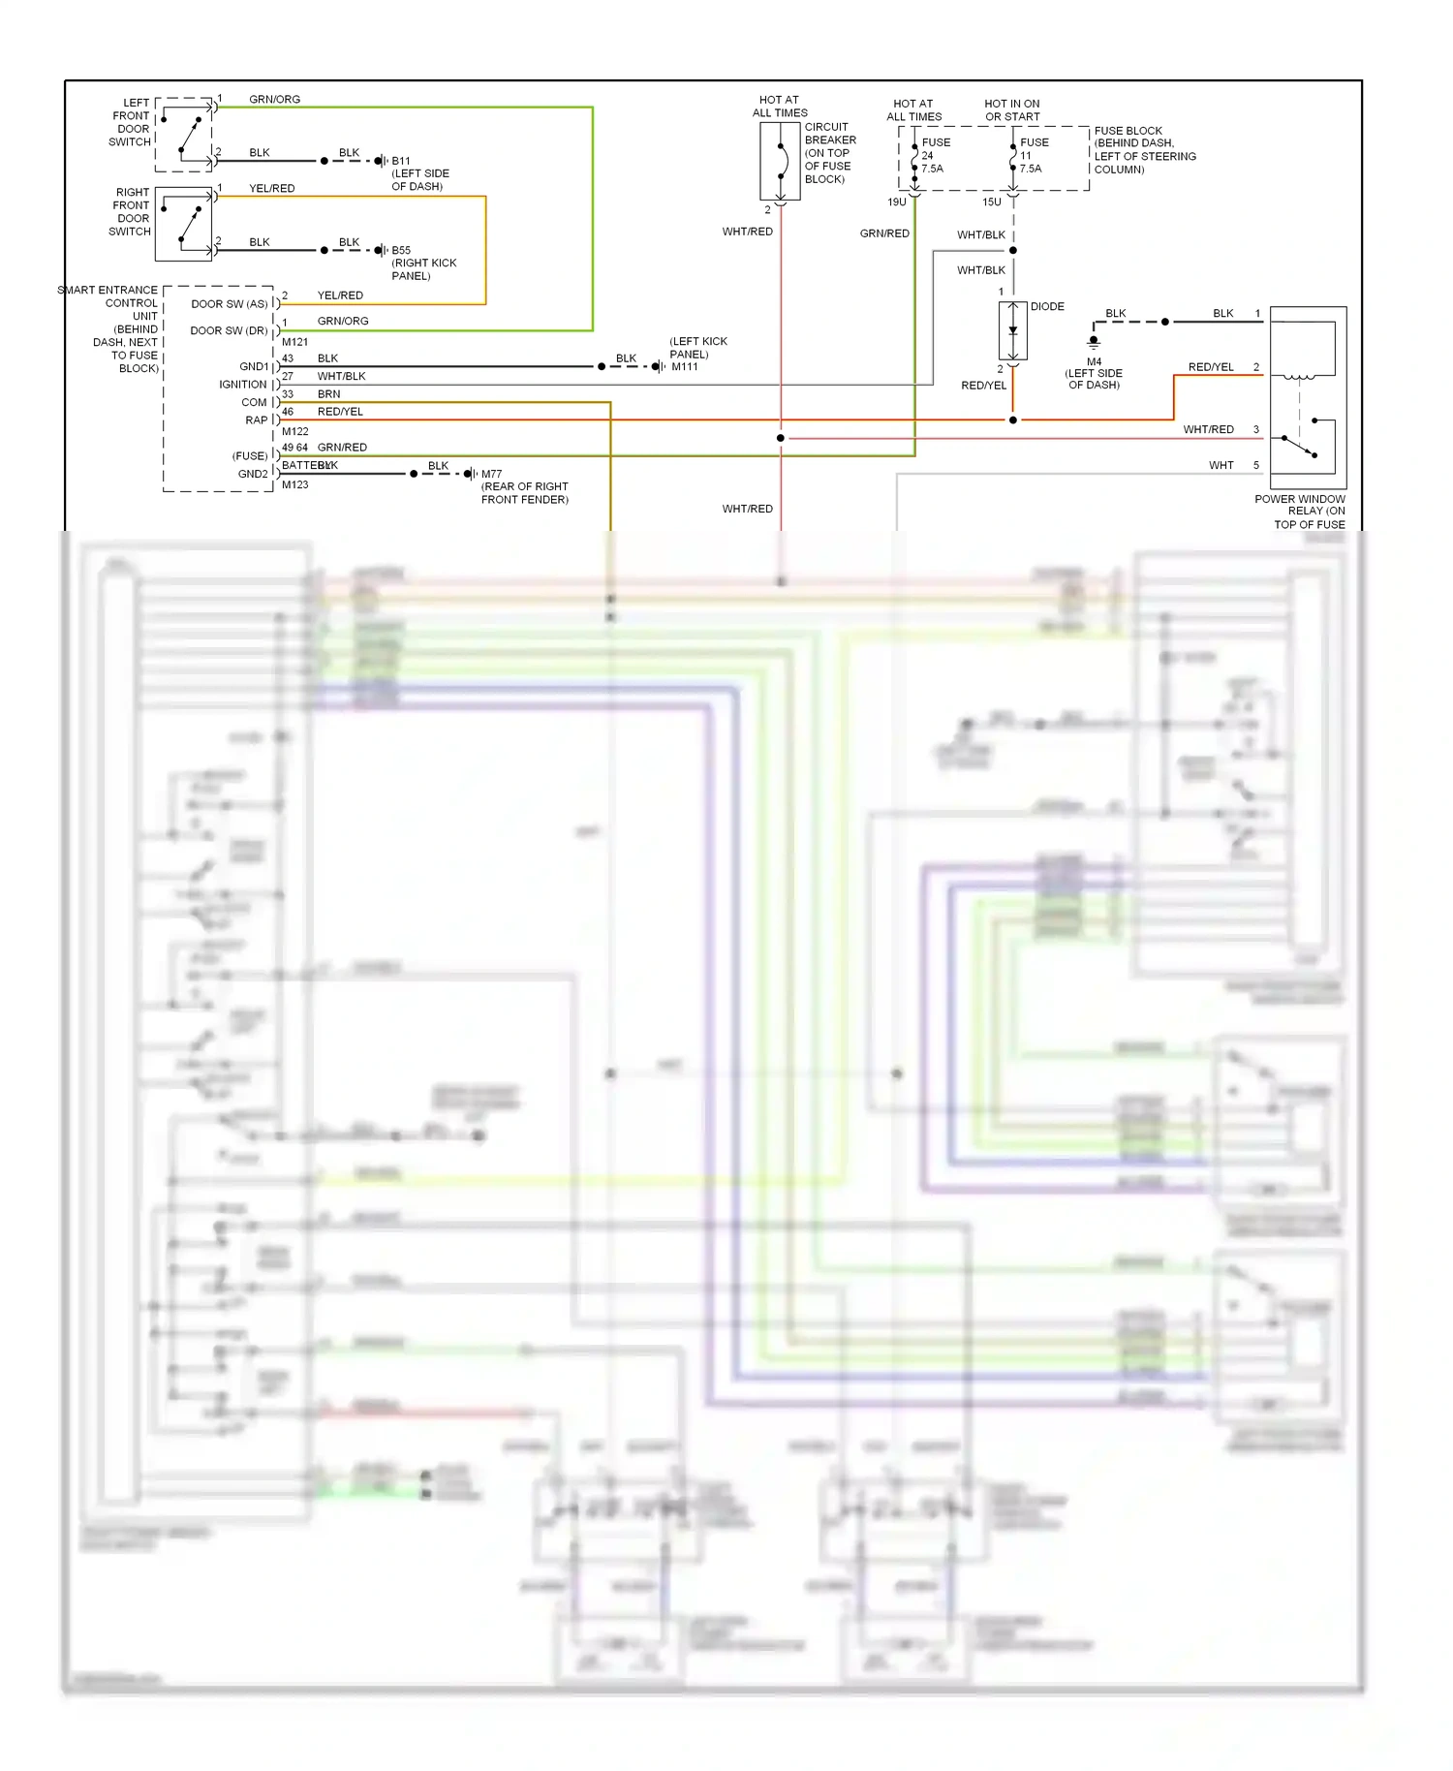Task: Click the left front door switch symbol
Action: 184,134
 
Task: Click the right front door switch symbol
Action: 184,224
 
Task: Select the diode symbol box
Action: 1012,330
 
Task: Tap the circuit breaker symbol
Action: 780,161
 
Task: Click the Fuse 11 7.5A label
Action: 1033,155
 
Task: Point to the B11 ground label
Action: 401,161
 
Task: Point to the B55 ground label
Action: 401,250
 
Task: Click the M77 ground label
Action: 491,474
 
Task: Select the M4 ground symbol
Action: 1094,342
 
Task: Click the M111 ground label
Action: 685,366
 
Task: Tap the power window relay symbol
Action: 1308,397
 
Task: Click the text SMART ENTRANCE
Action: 107,290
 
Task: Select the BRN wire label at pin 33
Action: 328,394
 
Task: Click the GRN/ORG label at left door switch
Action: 274,99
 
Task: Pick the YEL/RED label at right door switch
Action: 271,188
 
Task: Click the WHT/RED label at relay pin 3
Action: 1208,429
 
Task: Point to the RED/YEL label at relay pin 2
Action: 1211,367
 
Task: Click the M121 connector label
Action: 294,342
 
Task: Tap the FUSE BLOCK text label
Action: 1128,131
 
